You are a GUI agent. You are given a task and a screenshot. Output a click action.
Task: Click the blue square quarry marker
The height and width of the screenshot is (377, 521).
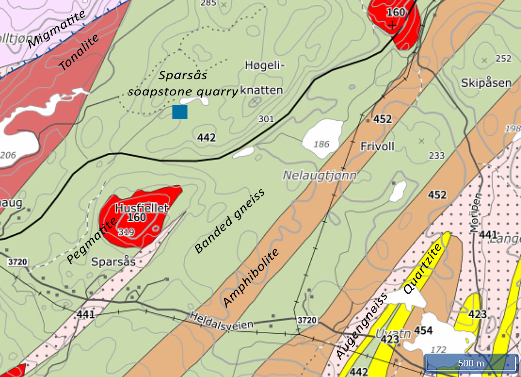click(180, 112)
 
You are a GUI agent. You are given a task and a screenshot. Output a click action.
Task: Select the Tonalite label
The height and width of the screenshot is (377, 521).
click(79, 52)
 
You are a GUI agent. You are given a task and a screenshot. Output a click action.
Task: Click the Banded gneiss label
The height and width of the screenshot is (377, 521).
click(230, 221)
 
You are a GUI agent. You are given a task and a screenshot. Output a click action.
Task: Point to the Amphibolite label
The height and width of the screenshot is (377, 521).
click(251, 277)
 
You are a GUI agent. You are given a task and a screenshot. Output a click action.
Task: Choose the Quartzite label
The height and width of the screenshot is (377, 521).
click(422, 268)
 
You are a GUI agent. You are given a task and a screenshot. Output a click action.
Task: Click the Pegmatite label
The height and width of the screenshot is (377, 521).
click(92, 241)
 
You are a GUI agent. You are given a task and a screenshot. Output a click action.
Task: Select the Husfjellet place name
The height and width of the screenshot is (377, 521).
click(142, 208)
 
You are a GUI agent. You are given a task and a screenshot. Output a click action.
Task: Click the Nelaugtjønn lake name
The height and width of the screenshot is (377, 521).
click(320, 175)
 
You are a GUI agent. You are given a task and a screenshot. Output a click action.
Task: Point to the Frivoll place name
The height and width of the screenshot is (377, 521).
click(377, 146)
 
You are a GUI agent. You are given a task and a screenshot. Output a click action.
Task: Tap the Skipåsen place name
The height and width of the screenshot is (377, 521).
click(486, 83)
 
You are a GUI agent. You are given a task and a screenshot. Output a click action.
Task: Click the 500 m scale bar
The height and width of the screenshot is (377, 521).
click(471, 363)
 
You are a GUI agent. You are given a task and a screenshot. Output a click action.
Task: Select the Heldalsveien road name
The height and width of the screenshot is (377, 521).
click(221, 321)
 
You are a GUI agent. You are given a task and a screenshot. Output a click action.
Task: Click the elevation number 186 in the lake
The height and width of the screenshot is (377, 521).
click(321, 144)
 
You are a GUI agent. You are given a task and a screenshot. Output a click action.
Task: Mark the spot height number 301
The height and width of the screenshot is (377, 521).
click(266, 119)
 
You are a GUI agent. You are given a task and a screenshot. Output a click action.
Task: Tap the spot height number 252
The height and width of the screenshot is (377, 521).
click(503, 58)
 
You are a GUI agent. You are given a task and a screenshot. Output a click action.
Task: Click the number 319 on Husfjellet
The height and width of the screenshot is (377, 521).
click(126, 232)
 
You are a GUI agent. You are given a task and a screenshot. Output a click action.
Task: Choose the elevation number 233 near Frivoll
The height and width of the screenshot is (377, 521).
click(437, 155)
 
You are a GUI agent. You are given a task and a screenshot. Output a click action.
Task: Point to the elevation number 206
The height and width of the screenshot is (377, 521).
click(8, 155)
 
